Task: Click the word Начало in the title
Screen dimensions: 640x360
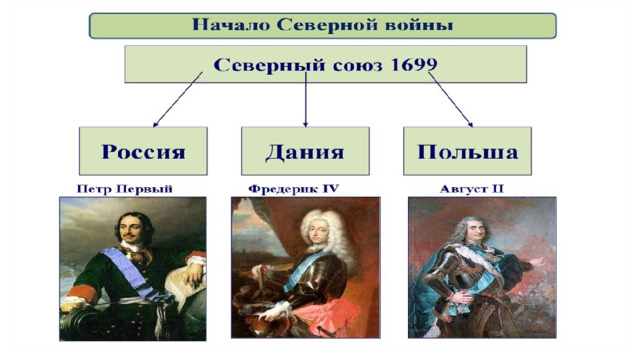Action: tap(231, 25)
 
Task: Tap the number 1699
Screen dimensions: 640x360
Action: tap(414, 64)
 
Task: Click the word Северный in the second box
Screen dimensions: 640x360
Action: tap(270, 65)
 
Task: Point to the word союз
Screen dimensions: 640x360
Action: tap(358, 66)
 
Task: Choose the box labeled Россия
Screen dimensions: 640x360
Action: tap(143, 151)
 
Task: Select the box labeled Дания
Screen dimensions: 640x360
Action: tap(305, 151)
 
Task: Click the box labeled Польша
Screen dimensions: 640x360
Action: tap(467, 151)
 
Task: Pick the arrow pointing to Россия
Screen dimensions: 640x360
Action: tap(178, 100)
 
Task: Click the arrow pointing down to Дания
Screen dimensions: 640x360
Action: tap(305, 100)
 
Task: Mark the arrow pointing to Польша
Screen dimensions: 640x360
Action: tap(451, 100)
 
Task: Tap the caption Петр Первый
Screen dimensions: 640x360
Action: tap(124, 189)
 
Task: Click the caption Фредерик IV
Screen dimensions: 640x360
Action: tap(293, 189)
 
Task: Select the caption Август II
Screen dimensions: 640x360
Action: tap(471, 189)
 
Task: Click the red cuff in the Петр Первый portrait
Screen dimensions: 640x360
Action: tap(81, 291)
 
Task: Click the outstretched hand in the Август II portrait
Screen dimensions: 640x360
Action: tap(537, 261)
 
